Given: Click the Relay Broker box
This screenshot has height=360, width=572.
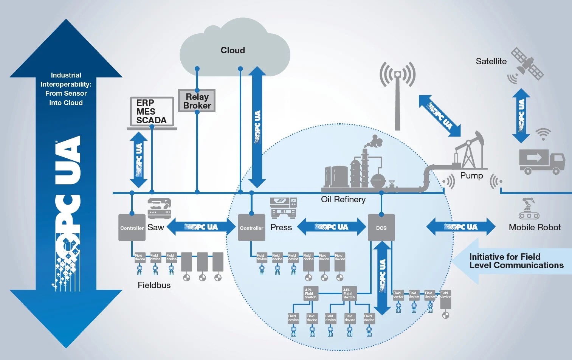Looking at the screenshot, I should point(197,101).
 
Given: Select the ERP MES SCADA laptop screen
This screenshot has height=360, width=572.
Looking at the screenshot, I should point(152,112).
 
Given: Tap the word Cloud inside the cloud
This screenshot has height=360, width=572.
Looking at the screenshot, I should point(233,50).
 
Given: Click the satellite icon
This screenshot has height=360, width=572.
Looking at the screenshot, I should point(526,64).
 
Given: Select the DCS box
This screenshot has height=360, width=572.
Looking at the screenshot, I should point(381,228).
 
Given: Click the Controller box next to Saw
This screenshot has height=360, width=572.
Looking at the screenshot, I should point(132,228).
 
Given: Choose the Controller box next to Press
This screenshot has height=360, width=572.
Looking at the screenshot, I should point(251,228).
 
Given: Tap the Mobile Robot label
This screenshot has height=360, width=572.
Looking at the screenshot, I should point(535,227).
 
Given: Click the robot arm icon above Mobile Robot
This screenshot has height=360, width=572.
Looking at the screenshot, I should point(529,208).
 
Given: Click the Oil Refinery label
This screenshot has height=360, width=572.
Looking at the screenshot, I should point(343,199).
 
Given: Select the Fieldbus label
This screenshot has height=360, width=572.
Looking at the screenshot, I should point(154,285).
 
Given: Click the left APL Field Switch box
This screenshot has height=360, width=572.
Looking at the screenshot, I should point(310,293).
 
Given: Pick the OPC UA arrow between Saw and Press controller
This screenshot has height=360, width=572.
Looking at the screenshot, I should point(201,227).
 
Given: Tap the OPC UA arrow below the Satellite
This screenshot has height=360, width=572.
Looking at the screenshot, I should point(521,116).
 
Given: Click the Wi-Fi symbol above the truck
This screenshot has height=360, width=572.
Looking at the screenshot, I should point(543,134).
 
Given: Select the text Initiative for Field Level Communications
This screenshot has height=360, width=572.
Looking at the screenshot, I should point(516,261).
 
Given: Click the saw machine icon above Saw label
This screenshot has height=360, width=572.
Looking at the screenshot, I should point(159,208).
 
